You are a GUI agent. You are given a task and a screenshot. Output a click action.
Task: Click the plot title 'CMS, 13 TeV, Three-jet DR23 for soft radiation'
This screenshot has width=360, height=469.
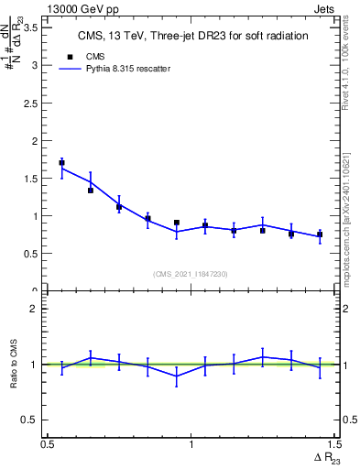coord(191,36)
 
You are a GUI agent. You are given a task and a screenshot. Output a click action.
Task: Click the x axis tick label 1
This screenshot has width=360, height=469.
coord(191,445)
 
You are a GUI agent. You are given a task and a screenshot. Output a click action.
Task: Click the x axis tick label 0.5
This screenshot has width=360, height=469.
coord(48,445)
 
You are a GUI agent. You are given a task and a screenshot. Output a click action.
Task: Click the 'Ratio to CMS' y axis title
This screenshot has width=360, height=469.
coord(13,365)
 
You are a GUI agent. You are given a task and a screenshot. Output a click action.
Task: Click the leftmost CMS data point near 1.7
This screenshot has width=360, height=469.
coord(61,163)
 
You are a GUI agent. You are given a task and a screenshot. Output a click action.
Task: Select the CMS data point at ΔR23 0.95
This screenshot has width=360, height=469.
coord(177,223)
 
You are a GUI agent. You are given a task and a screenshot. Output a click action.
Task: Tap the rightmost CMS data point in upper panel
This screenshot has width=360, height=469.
coord(320,235)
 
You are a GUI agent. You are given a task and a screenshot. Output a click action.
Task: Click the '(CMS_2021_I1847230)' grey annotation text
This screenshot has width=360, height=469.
coord(191,274)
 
